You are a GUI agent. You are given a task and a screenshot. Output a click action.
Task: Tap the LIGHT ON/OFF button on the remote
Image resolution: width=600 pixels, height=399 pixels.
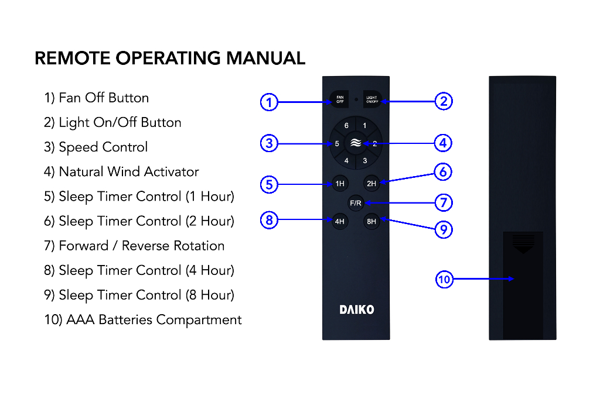pos(372,100)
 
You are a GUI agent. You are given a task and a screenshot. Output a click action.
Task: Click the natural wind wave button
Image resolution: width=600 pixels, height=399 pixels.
pos(356,143)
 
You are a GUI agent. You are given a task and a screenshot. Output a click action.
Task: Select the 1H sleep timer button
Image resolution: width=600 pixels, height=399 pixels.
pos(340,184)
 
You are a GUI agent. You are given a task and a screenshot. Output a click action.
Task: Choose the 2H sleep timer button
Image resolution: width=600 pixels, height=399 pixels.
pos(371,184)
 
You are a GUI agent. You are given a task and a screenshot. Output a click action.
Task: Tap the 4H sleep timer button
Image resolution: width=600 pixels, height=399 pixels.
pos(340,222)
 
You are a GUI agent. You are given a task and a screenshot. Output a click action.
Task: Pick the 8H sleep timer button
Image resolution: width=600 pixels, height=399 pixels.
pos(371,222)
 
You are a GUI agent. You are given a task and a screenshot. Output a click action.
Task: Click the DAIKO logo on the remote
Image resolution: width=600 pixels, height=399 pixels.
pos(356,309)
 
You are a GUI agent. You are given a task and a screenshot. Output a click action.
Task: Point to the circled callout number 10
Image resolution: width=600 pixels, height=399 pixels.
pos(444,279)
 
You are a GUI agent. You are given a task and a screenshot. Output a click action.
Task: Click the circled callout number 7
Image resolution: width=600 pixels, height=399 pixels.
pos(444,203)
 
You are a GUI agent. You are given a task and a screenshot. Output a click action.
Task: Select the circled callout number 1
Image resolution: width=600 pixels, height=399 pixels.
pos(268,102)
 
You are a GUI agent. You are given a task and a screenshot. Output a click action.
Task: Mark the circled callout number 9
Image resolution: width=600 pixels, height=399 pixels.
pos(444,229)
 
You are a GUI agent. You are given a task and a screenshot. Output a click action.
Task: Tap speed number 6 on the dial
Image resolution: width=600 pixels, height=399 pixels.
pos(346,126)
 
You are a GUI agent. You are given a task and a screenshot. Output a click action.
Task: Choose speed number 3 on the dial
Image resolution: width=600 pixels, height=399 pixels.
pos(364,160)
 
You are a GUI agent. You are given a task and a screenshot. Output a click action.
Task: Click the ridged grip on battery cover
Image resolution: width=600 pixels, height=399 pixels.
pos(523,240)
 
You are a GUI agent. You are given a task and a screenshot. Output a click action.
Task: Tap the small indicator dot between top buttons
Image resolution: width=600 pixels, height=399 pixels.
pos(356,100)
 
